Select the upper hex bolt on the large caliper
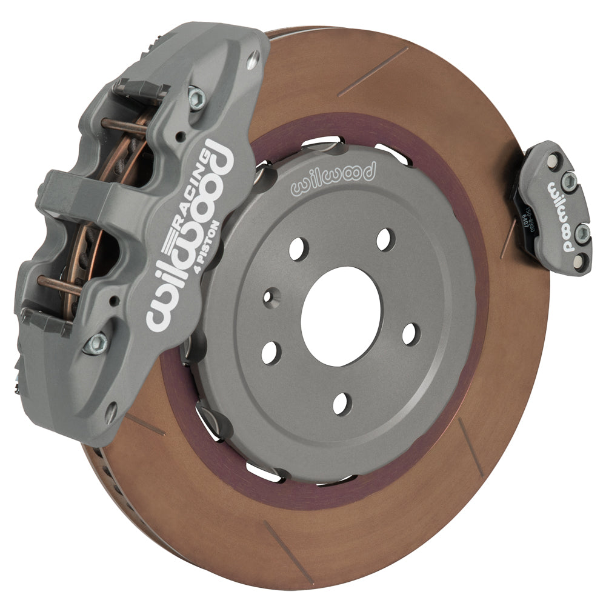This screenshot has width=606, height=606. tap(196, 98)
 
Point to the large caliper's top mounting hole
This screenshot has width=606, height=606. tap(253, 58)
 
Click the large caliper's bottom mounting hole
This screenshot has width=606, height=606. tap(111, 413)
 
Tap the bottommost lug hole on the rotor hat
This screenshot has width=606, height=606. tap(342, 403)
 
